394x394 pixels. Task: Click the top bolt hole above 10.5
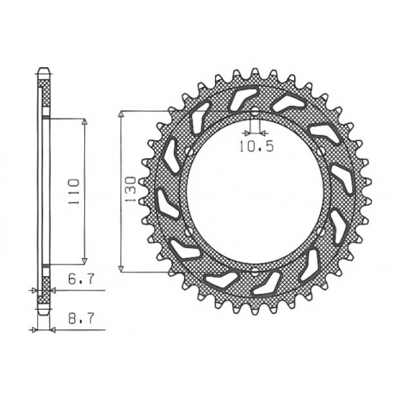(255, 111)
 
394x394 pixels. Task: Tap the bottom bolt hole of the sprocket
(255, 274)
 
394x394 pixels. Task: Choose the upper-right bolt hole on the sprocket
(326, 151)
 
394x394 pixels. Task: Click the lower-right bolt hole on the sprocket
(326, 233)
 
